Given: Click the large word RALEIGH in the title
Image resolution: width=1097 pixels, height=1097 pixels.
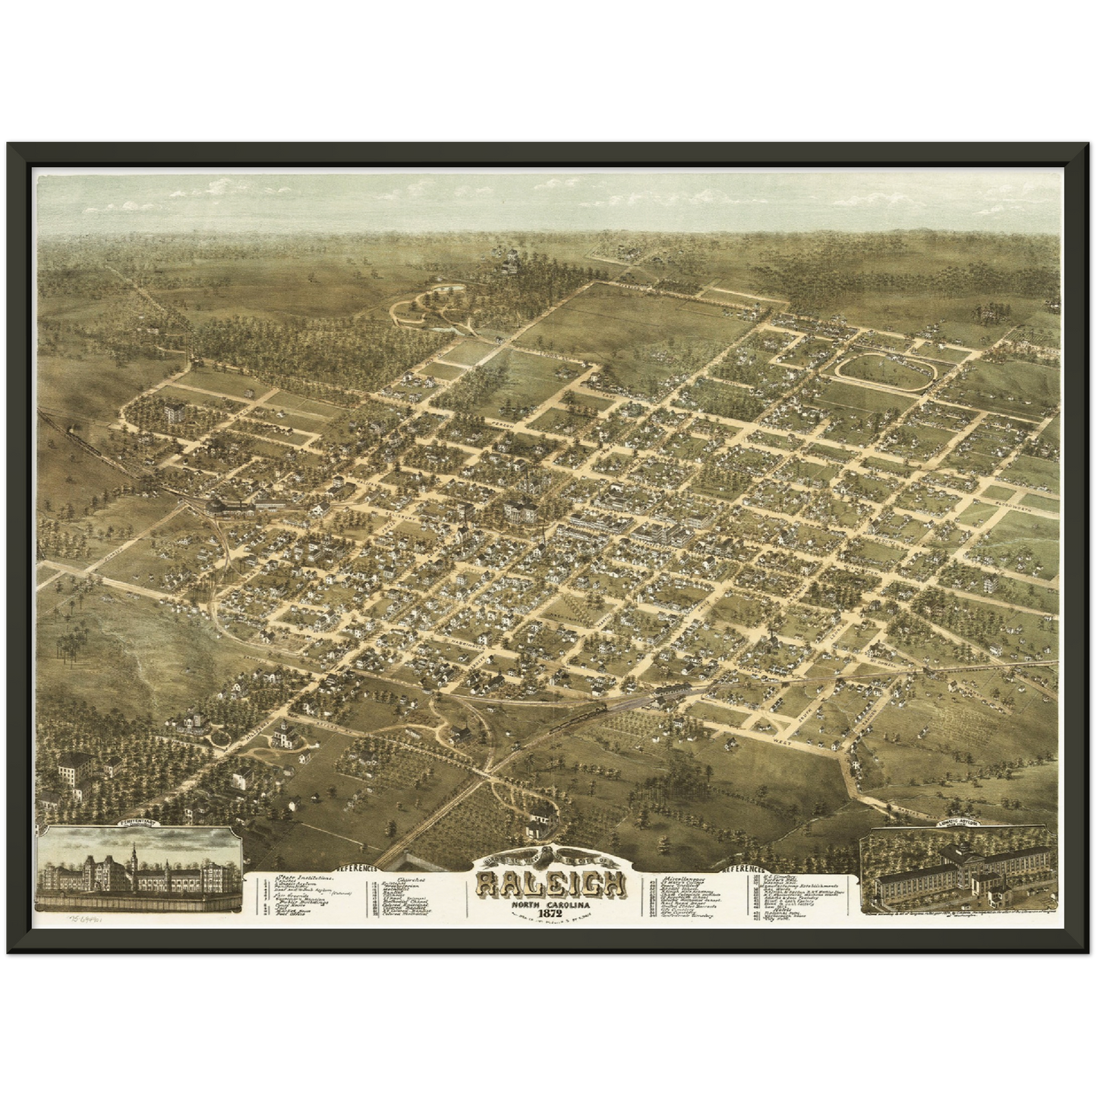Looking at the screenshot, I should [x=551, y=882].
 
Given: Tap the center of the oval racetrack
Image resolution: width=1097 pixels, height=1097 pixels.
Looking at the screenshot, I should [x=885, y=371].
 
